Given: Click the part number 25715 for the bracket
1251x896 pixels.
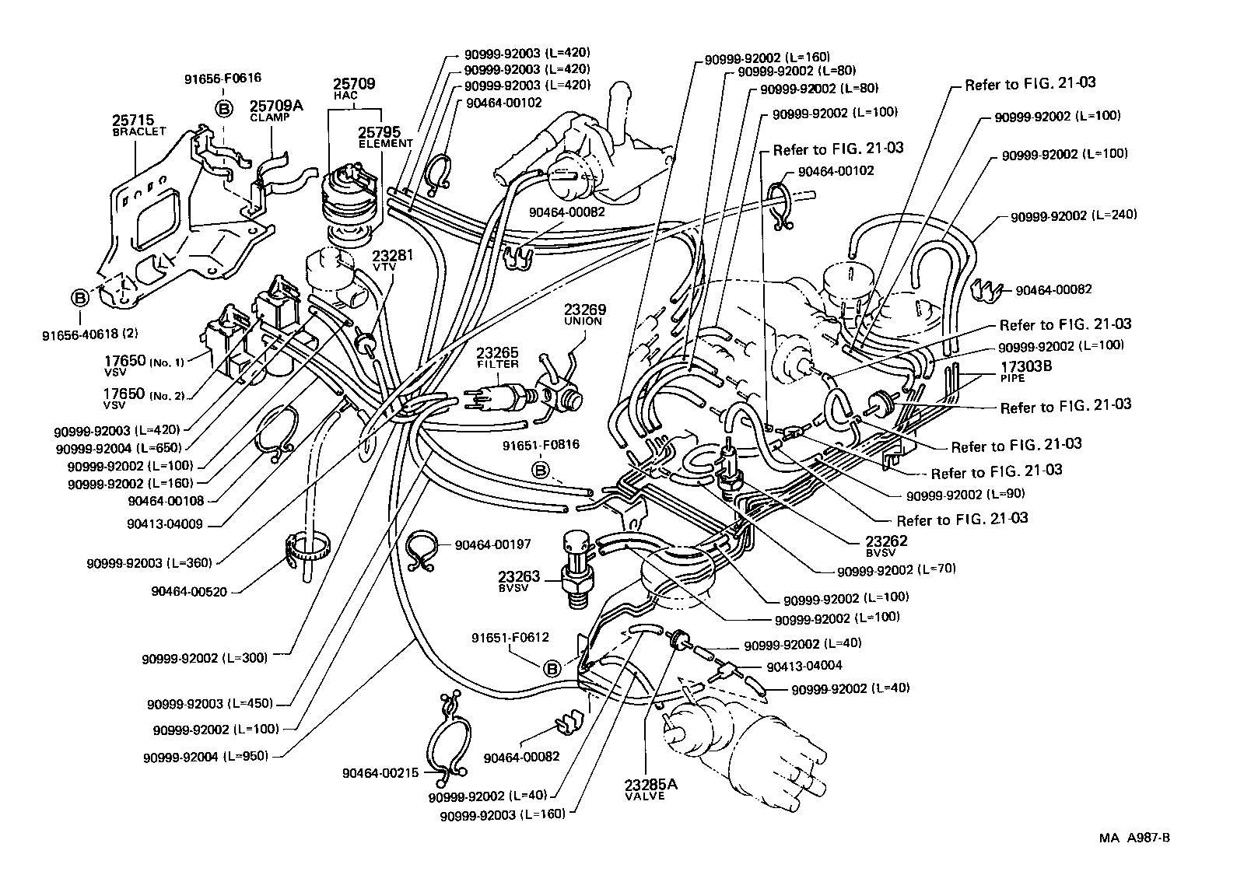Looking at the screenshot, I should tap(132, 121).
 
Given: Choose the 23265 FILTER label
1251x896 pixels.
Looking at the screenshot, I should tap(497, 355).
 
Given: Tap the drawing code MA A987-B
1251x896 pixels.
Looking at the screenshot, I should tap(1134, 838).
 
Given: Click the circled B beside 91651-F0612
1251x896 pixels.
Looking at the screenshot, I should tap(551, 667).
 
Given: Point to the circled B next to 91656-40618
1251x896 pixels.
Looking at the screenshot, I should tap(79, 298).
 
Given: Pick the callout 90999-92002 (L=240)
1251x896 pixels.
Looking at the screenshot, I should tap(1074, 215).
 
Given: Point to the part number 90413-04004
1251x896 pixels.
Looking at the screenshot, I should tap(804, 665).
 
